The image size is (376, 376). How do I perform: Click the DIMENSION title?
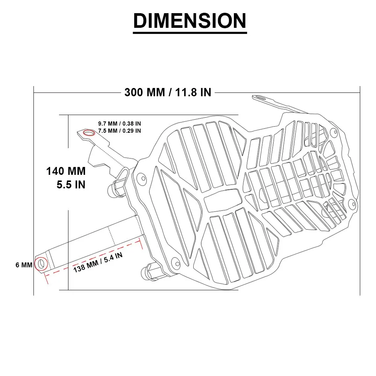[x=190, y=21]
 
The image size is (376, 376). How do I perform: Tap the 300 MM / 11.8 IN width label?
[x=168, y=92]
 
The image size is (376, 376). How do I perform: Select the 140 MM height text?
[x=66, y=171]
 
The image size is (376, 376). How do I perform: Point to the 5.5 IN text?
[x=71, y=185]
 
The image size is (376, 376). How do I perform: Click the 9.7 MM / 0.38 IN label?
[x=120, y=123]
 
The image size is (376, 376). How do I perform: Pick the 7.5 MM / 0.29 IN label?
[x=120, y=131]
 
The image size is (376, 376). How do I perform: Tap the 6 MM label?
[x=24, y=265]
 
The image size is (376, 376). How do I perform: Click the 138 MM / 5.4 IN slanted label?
[x=98, y=262]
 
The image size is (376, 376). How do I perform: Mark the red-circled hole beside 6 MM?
[x=41, y=264]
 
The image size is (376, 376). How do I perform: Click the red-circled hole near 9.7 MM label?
[x=89, y=132]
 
